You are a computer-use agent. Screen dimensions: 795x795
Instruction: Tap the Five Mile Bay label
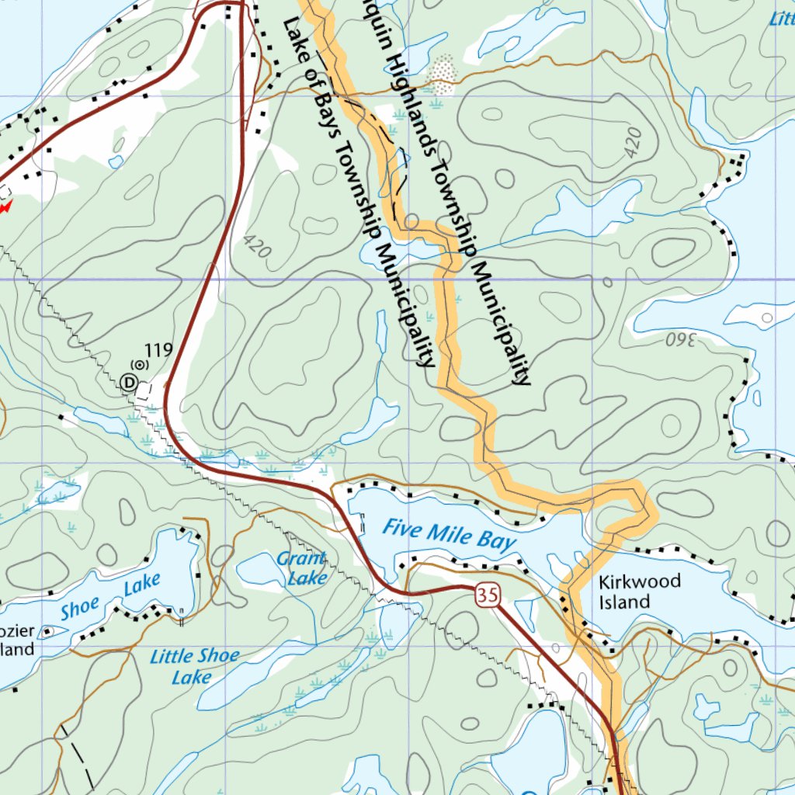click(450, 536)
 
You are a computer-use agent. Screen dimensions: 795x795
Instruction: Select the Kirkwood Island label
click(640, 591)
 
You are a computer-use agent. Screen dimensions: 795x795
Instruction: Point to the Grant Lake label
click(302, 568)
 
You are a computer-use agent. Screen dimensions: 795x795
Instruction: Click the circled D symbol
click(129, 382)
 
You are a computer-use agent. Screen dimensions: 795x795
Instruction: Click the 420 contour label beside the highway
click(256, 248)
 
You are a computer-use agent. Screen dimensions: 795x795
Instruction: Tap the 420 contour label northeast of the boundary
click(633, 142)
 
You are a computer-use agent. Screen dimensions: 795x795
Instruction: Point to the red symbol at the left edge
click(5, 206)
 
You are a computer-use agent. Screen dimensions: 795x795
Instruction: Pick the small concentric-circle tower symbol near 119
click(139, 363)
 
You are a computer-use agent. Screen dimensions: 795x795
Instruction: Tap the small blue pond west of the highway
click(116, 161)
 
